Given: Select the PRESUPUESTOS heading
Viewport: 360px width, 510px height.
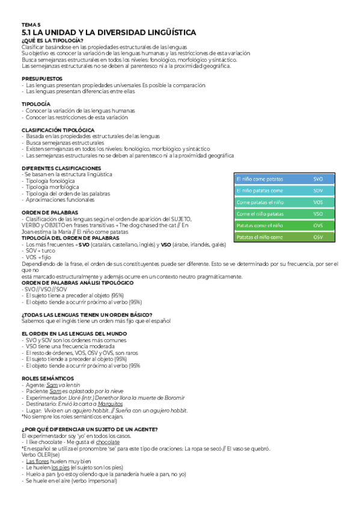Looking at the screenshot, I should pyautogui.click(x=41, y=78).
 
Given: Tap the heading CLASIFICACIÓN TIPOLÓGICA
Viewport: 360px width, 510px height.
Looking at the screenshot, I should pyautogui.click(x=58, y=129).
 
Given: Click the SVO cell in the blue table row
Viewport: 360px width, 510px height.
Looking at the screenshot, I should pyautogui.click(x=318, y=179).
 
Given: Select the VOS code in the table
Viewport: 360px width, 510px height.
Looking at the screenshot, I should pyautogui.click(x=318, y=202).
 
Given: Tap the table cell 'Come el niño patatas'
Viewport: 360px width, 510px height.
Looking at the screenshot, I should pyautogui.click(x=260, y=214).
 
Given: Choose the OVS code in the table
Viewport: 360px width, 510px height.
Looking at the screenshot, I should pyautogui.click(x=318, y=225).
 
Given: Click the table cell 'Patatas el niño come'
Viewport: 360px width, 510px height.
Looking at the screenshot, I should pyautogui.click(x=260, y=237).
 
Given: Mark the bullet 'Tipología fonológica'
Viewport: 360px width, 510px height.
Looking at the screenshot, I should pyautogui.click(x=50, y=180).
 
